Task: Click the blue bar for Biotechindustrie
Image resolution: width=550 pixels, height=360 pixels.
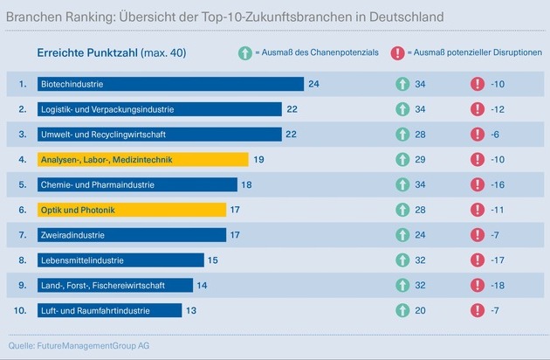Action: click(170, 85)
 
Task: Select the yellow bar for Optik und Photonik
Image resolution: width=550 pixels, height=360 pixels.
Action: click(132, 211)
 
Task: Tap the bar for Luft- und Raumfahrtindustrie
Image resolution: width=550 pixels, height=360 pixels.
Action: click(109, 311)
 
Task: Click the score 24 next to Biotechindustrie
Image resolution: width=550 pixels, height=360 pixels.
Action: click(313, 85)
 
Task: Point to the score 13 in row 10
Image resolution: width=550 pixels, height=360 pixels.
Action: click(191, 311)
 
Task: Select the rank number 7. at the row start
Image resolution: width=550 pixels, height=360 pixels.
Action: click(24, 236)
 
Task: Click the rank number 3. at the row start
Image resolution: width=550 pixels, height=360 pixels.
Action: click(24, 135)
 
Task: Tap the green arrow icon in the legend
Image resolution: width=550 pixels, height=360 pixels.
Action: click(244, 53)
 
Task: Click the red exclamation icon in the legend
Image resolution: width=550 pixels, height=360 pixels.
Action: click(398, 53)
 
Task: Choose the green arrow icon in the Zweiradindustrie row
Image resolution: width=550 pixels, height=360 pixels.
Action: click(402, 236)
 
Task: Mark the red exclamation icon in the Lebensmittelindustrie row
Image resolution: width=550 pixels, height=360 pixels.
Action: click(477, 260)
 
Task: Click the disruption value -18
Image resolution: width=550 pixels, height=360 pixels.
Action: click(499, 286)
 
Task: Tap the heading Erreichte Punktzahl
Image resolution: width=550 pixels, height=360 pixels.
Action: click(86, 53)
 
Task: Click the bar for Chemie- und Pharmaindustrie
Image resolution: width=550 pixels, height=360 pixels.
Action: click(137, 185)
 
